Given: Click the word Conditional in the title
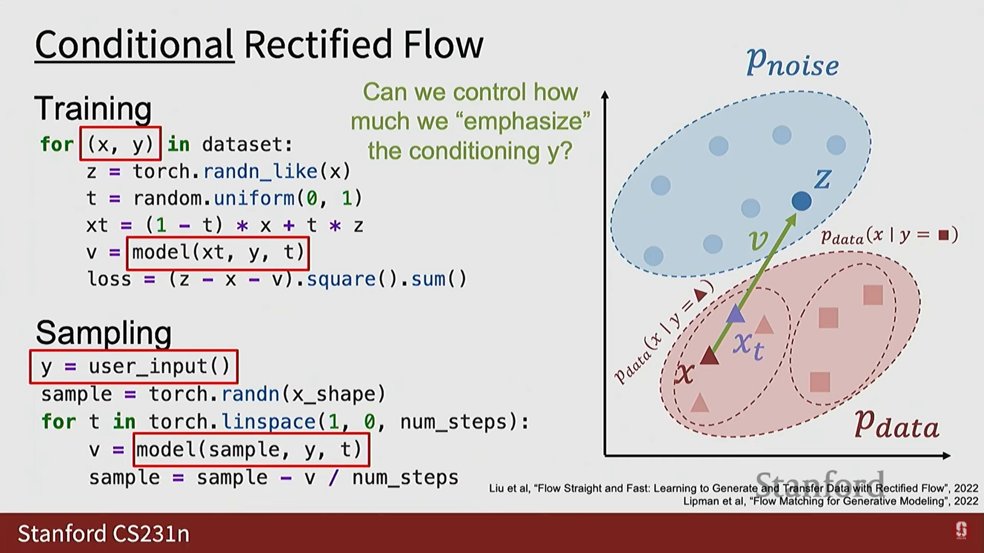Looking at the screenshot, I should (134, 45).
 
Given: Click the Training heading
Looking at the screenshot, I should (93, 109).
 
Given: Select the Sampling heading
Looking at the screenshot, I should (104, 333).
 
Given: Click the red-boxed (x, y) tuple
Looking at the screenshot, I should (120, 144).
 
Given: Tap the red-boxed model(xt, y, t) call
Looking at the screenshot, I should (218, 252).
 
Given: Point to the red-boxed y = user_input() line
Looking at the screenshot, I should (134, 367).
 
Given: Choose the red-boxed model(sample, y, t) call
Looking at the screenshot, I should (251, 450).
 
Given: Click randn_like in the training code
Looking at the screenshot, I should (260, 171).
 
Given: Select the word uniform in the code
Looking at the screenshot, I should (254, 198).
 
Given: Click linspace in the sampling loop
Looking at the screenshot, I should (268, 422).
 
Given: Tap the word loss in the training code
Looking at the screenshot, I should (109, 279).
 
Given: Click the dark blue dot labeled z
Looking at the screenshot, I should (802, 201).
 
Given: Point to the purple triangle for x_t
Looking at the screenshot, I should (736, 313).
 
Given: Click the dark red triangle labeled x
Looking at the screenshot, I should (709, 355).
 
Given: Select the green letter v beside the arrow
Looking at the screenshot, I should (758, 240).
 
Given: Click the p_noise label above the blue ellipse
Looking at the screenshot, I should (792, 63).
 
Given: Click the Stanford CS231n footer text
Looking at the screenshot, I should (104, 534).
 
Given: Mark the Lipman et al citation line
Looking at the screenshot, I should (830, 501).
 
